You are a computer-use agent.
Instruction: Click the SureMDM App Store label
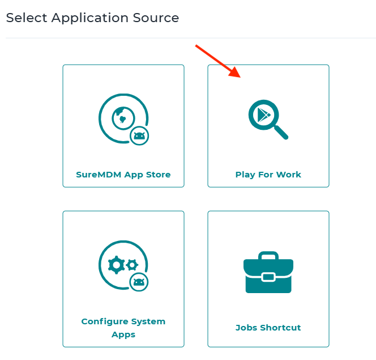tap(123, 175)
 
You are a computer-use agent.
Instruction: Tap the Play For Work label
tap(268, 175)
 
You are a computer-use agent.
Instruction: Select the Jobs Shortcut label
tap(268, 328)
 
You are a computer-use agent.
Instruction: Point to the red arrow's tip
tap(241, 77)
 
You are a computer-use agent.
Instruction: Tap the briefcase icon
tap(268, 273)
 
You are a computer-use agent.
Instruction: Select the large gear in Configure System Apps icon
tap(117, 264)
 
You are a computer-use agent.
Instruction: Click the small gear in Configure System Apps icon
tap(133, 264)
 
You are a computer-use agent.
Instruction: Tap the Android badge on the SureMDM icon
tap(139, 136)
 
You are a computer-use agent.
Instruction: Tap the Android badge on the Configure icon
tap(139, 282)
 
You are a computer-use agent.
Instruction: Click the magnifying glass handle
tap(281, 132)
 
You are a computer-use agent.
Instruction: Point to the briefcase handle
tap(268, 255)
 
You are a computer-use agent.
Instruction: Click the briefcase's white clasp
tap(268, 277)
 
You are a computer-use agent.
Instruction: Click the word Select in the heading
tap(27, 18)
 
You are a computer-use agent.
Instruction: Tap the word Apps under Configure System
tap(123, 334)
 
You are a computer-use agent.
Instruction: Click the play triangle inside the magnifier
tap(263, 115)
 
